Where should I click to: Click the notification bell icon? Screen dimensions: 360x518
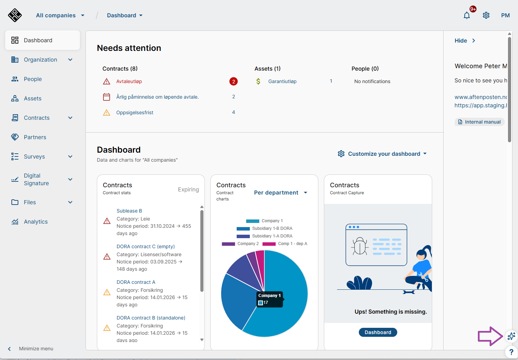point(467,16)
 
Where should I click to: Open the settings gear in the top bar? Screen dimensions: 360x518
point(486,16)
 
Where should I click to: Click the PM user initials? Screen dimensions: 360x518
point(505,16)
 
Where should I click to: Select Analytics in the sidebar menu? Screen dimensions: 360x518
point(36,222)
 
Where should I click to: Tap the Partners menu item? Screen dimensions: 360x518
point(35,137)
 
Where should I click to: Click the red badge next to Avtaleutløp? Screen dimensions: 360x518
point(234,81)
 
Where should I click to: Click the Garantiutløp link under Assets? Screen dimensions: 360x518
point(282,82)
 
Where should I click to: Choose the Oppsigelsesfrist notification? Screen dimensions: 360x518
point(135,112)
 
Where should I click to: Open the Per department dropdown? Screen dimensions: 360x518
point(281,193)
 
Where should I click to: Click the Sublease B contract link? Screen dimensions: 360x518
point(129,211)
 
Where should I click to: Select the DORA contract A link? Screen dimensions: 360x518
point(136,282)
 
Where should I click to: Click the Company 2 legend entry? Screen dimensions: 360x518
point(240,244)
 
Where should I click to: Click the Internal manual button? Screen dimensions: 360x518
point(480,122)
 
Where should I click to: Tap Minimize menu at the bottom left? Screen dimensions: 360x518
point(36,349)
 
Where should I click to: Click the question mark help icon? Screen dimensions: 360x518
point(511,352)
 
